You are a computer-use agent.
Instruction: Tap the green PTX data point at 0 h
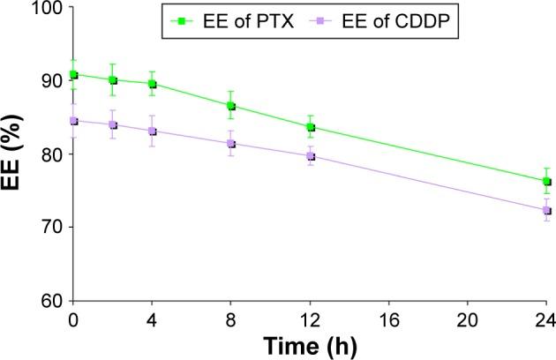coord(73,75)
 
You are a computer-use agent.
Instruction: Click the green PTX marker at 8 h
coord(231,106)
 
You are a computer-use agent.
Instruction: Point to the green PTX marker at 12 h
coord(310,127)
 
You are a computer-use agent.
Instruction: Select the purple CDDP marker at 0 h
coord(73,121)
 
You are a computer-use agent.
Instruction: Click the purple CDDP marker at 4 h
coord(153,131)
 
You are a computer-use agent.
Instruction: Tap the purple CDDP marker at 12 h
coord(310,156)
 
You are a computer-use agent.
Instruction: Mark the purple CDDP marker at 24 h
coord(546,211)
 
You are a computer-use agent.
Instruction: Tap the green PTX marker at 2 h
coord(113,80)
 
